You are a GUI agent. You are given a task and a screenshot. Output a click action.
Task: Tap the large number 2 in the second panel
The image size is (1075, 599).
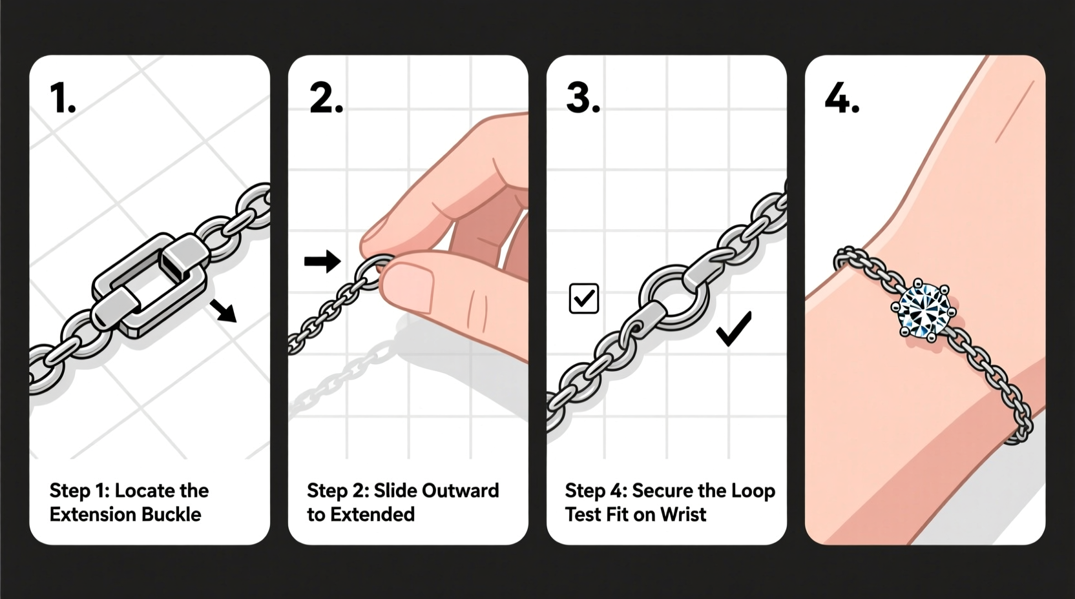point(325,99)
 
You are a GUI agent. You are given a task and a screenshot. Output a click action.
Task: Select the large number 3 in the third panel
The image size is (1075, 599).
point(582,99)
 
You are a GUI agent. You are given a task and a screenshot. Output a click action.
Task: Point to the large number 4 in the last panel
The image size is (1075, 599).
point(841,99)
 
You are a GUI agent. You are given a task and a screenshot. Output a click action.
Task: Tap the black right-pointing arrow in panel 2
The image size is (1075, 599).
point(322,261)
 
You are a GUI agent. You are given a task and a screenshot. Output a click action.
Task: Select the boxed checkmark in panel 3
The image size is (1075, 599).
point(583,298)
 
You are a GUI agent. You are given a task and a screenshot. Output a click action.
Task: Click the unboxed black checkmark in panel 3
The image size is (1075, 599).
point(734,329)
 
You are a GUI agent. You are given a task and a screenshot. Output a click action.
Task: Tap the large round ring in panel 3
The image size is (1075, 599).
point(673,296)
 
